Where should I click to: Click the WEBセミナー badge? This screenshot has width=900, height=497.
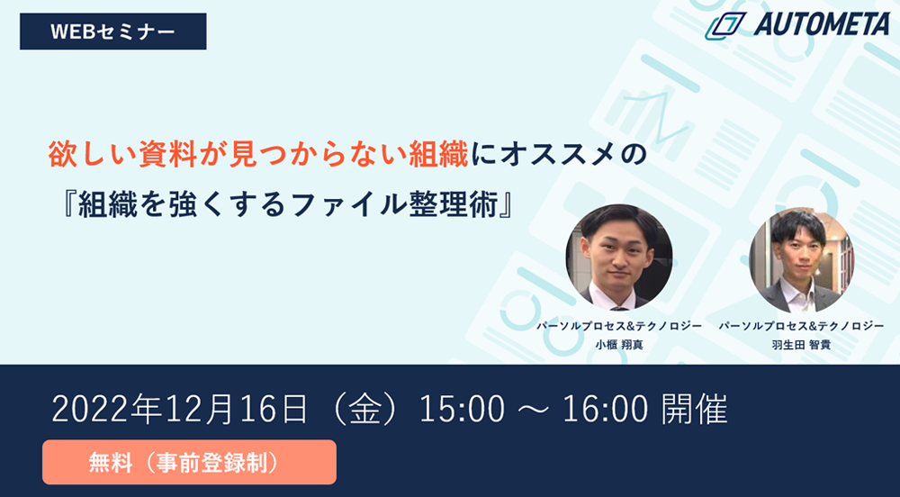(x=113, y=32)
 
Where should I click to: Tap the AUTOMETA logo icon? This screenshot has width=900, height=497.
(x=724, y=26)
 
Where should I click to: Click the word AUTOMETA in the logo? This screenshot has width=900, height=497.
(x=822, y=24)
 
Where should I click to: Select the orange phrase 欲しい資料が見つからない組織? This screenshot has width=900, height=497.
(x=258, y=156)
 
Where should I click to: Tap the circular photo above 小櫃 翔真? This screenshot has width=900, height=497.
(x=619, y=258)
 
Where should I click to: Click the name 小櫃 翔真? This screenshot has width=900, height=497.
(x=619, y=345)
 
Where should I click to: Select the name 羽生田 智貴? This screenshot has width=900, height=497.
(x=801, y=345)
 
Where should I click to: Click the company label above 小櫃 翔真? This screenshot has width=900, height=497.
(x=619, y=326)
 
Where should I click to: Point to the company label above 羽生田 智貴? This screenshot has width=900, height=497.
(x=801, y=326)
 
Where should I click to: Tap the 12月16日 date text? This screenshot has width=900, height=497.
(x=237, y=410)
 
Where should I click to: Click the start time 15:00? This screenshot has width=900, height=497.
(x=462, y=410)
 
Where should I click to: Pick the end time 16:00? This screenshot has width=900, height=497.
(x=605, y=410)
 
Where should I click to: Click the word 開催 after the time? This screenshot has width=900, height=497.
(x=694, y=410)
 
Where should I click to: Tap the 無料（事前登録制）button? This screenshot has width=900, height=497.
(x=189, y=462)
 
